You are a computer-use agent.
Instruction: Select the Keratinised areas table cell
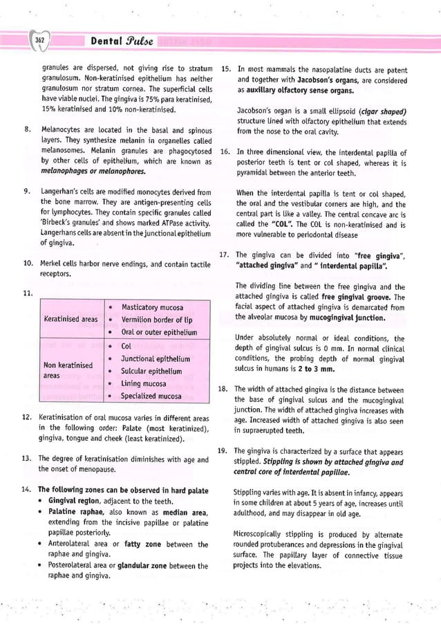click(x=71, y=320)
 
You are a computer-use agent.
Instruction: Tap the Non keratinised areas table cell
click(x=68, y=369)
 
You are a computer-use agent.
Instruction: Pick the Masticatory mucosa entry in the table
click(x=152, y=307)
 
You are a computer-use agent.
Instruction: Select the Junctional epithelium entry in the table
click(x=156, y=358)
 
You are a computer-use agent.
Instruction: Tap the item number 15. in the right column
click(x=225, y=69)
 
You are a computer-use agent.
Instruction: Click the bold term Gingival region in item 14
click(x=75, y=501)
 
